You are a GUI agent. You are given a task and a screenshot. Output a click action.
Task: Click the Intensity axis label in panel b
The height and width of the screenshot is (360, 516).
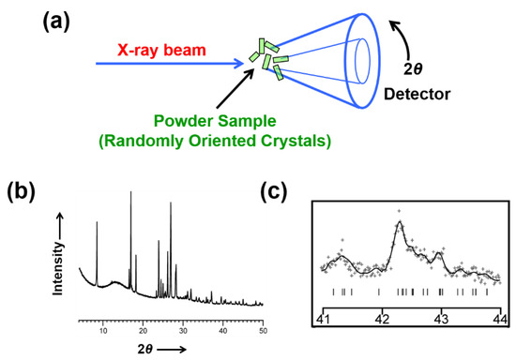tap(58, 253)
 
